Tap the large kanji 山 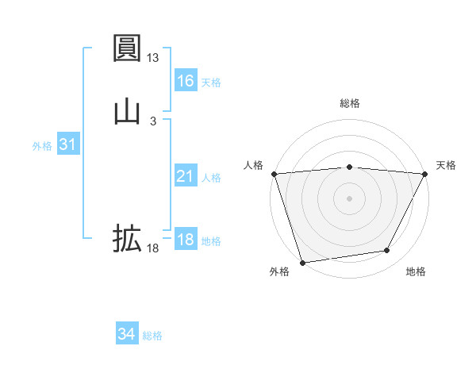tap(127, 110)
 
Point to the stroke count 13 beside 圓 tap(153, 58)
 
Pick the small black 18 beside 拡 tap(153, 248)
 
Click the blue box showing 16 tap(185, 81)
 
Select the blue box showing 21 tap(185, 176)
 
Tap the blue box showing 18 tap(185, 240)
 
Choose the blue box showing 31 tap(67, 144)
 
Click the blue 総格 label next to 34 tap(152, 336)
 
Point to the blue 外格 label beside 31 tap(42, 146)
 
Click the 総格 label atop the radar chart tap(350, 103)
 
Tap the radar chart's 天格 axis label tap(446, 165)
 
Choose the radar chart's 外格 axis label tap(279, 271)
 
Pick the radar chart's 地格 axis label tap(416, 271)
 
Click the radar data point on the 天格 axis tap(425, 174)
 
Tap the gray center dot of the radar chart tap(350, 198)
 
